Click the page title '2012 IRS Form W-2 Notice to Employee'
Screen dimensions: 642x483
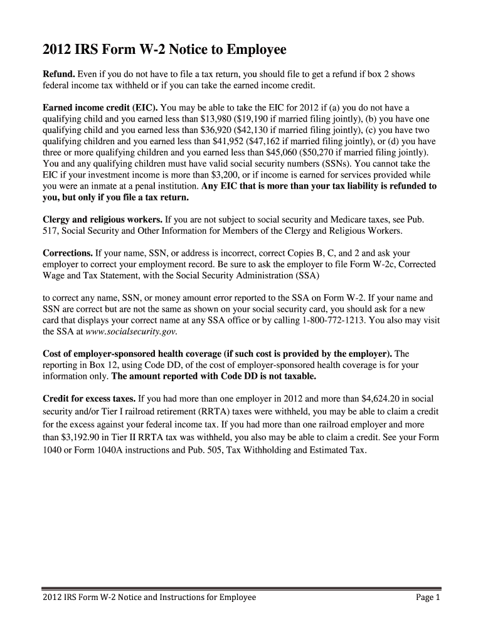[x=164, y=50]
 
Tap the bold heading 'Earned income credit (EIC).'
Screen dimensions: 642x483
[x=100, y=107]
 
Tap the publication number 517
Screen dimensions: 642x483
[x=50, y=231]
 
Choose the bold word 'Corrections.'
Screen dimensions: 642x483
[x=67, y=253]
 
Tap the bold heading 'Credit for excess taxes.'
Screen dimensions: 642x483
[x=88, y=399]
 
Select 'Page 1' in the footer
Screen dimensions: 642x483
[x=428, y=597]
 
